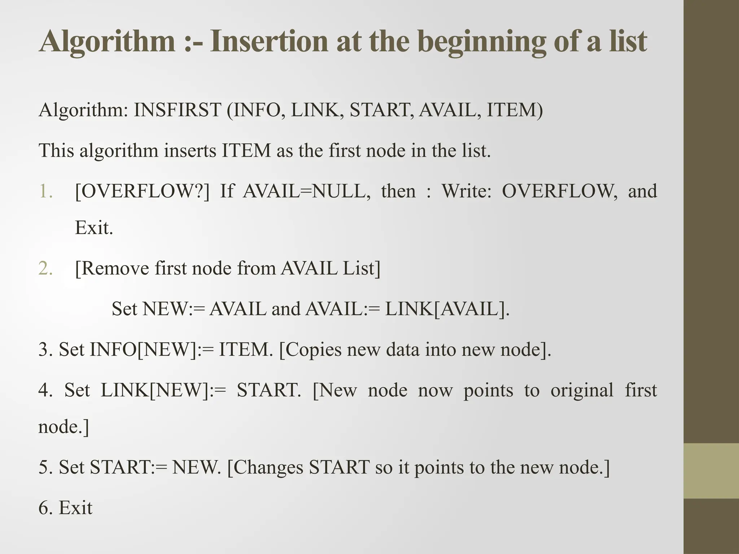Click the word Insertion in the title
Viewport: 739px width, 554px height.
click(x=268, y=41)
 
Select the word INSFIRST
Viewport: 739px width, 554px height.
click(x=177, y=110)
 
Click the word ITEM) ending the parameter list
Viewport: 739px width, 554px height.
click(x=515, y=110)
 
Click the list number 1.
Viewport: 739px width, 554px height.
click(x=45, y=191)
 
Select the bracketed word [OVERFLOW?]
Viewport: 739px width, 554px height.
click(x=142, y=191)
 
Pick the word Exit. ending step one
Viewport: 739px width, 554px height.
click(x=94, y=228)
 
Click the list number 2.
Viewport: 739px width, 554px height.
click(x=45, y=269)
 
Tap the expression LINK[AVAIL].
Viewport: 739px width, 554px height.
click(x=447, y=309)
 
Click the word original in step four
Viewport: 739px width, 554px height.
click(x=582, y=390)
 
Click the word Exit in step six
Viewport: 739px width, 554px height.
click(x=75, y=508)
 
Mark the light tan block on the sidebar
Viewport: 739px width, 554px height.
click(x=711, y=471)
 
